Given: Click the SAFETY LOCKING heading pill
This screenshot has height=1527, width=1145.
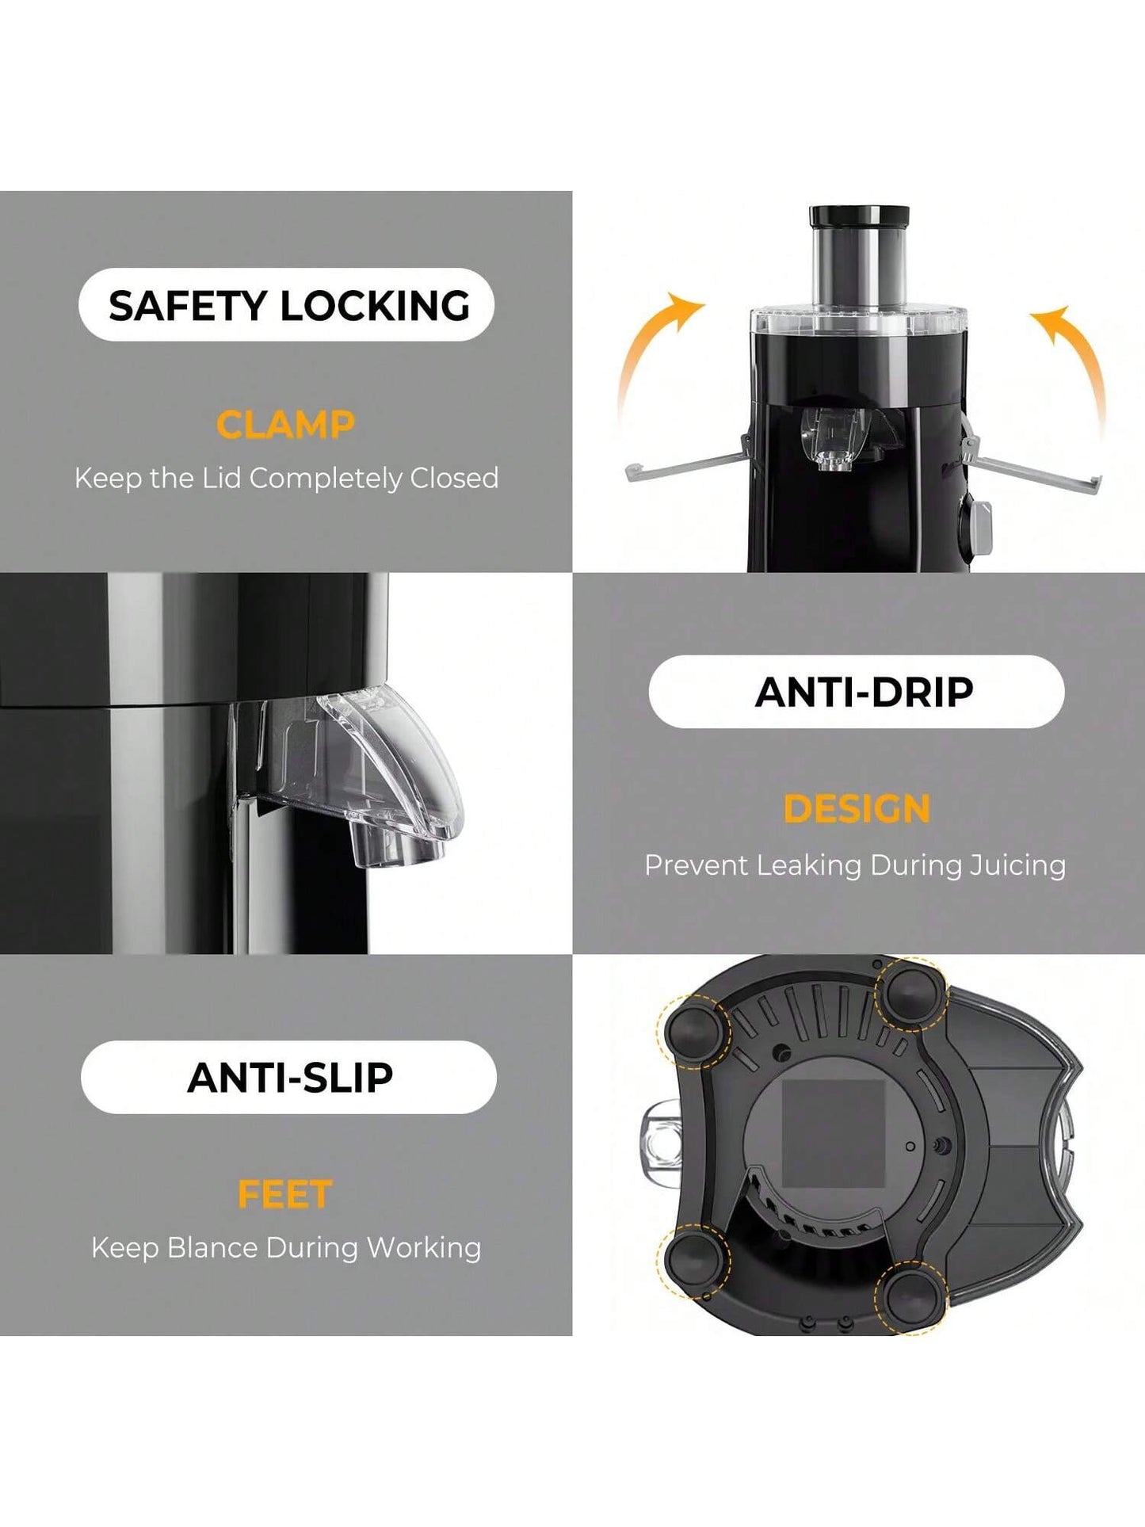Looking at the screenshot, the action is point(286,305).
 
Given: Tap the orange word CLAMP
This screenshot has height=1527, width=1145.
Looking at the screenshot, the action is point(285,425).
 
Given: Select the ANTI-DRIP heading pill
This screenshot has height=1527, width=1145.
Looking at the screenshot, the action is point(857,692).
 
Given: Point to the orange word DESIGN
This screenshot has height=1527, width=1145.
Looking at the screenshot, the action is point(857,809).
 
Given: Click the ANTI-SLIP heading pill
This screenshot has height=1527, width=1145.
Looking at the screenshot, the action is point(288,1077).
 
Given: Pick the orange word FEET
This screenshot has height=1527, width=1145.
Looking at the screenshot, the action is point(285,1195).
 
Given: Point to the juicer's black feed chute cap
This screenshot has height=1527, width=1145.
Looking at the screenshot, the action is point(859,216).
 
